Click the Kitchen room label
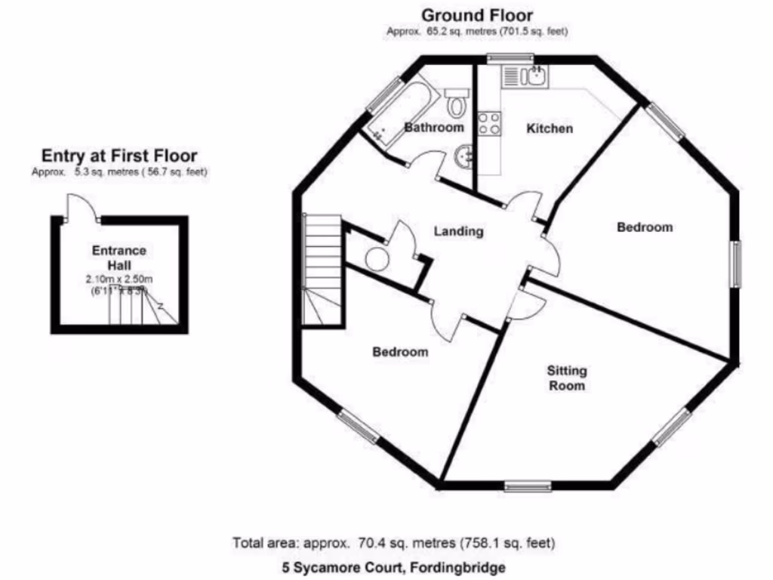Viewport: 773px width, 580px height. tap(549, 128)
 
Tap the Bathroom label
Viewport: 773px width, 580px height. tap(434, 128)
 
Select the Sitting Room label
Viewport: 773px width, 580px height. tap(567, 378)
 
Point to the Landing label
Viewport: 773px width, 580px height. tap(458, 232)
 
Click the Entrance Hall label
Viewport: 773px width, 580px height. tap(119, 258)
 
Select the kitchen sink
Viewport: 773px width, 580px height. tap(526, 76)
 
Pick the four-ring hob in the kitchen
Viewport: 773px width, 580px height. tap(489, 123)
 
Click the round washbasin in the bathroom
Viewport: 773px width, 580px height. tap(463, 156)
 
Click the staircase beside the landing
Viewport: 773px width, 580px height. tap(322, 268)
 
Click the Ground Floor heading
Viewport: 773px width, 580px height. tap(476, 15)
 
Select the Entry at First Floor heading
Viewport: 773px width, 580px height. tap(119, 156)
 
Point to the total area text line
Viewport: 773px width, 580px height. tap(393, 542)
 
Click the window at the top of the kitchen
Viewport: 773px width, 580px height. tap(510, 58)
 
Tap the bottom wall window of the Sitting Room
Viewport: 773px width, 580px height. tap(528, 486)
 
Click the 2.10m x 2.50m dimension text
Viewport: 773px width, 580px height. tap(119, 279)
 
